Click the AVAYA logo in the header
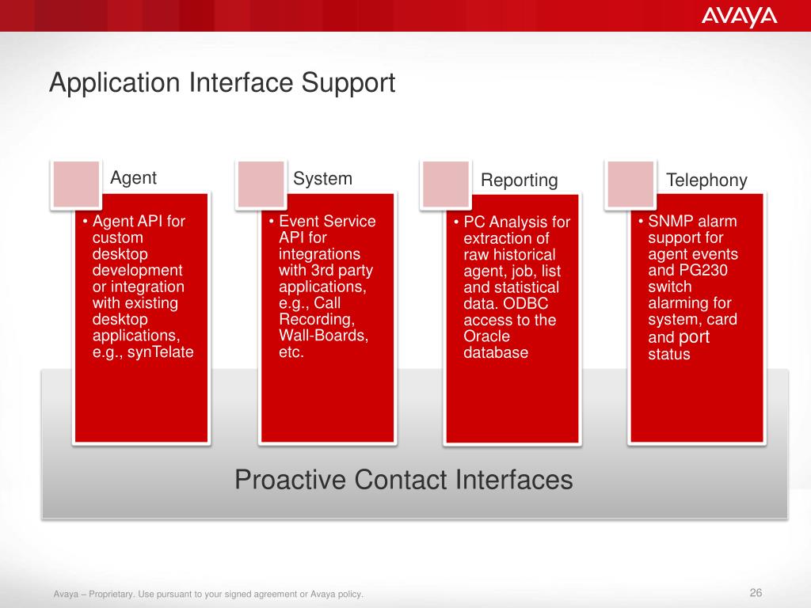click(740, 17)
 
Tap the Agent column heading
click(133, 178)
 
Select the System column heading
click(323, 179)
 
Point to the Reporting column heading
click(520, 180)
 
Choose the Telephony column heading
click(706, 180)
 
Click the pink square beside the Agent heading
click(77, 184)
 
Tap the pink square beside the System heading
click(261, 184)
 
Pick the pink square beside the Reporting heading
click(446, 184)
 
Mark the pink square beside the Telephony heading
click(630, 184)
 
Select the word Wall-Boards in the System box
click(323, 336)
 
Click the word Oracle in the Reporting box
click(487, 336)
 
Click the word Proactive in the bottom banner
click(290, 480)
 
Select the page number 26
click(756, 592)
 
